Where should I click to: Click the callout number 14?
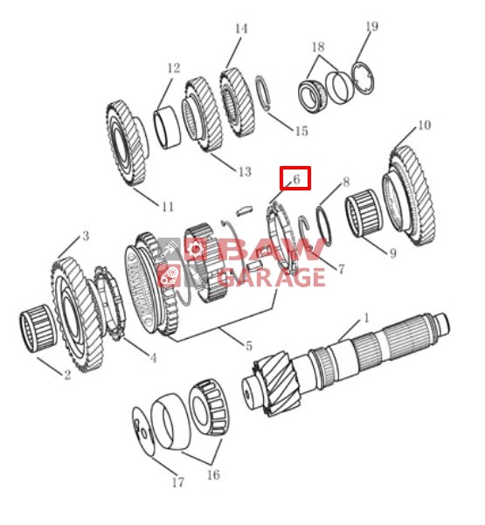[x=241, y=29]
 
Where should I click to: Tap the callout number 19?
[x=371, y=26]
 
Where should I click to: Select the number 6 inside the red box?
[x=296, y=179]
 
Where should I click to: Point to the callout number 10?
[x=424, y=125]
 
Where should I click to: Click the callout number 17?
[x=178, y=482]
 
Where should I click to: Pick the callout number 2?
[x=67, y=375]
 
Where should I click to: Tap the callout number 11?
[x=168, y=206]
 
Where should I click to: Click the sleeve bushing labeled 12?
[x=167, y=128]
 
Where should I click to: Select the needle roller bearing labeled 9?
[x=364, y=213]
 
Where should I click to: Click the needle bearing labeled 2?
[x=38, y=328]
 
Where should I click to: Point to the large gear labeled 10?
[x=409, y=196]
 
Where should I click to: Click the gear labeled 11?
[x=128, y=143]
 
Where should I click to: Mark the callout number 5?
[x=248, y=346]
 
